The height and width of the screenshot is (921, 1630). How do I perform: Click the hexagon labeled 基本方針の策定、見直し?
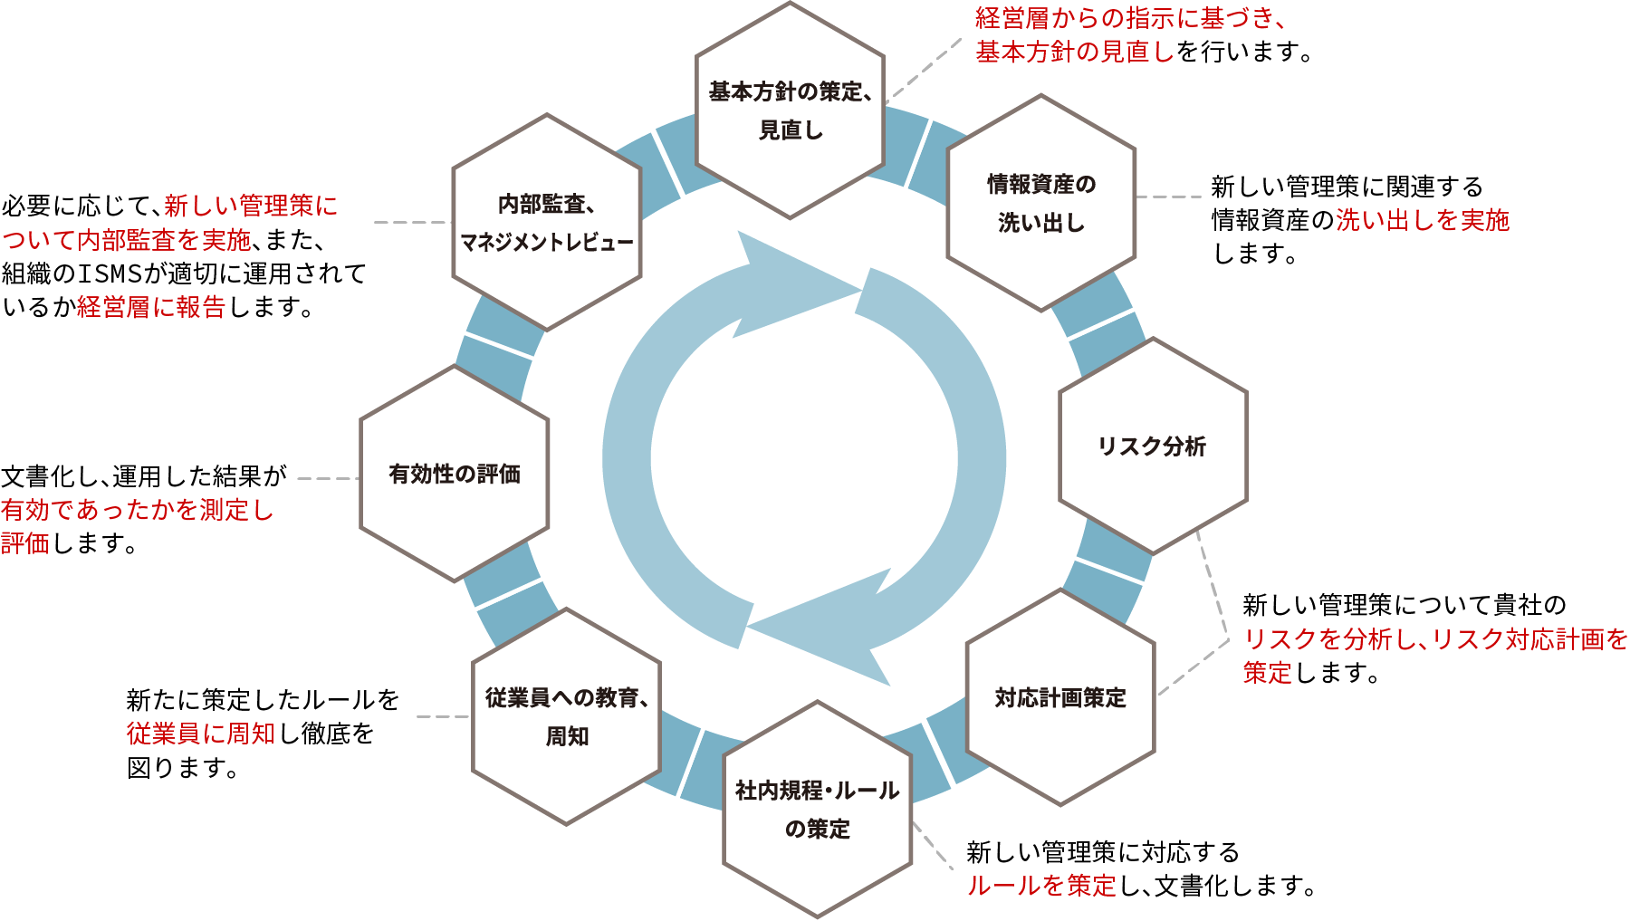pyautogui.click(x=790, y=110)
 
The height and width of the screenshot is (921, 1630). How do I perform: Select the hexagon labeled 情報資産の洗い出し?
pyautogui.click(x=1041, y=203)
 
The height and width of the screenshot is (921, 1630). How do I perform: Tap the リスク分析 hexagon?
pyautogui.click(x=1153, y=446)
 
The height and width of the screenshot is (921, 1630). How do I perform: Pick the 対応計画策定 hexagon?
pyautogui.click(x=1060, y=697)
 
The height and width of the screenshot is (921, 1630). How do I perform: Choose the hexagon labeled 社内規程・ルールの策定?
pyautogui.click(x=817, y=809)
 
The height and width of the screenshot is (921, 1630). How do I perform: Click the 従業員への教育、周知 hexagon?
pyautogui.click(x=567, y=716)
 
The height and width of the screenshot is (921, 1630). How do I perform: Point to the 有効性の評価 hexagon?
pyautogui.click(x=455, y=474)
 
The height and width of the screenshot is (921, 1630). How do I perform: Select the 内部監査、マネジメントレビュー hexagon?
pyautogui.click(x=547, y=223)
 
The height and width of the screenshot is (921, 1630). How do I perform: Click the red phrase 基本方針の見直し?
pyautogui.click(x=1074, y=52)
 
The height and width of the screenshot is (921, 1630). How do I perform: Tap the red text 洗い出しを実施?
pyautogui.click(x=1423, y=220)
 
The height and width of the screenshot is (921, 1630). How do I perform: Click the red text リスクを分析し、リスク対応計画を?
pyautogui.click(x=1435, y=638)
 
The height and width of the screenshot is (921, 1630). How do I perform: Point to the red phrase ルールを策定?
pyautogui.click(x=1041, y=886)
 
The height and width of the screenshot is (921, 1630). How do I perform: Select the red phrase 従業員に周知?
pyautogui.click(x=201, y=734)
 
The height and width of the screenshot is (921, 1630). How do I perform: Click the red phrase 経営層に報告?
pyautogui.click(x=150, y=307)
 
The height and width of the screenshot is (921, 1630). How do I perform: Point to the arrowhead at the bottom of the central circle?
pyautogui.click(x=815, y=625)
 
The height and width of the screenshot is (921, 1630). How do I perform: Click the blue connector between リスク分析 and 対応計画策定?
pyautogui.click(x=1108, y=571)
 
